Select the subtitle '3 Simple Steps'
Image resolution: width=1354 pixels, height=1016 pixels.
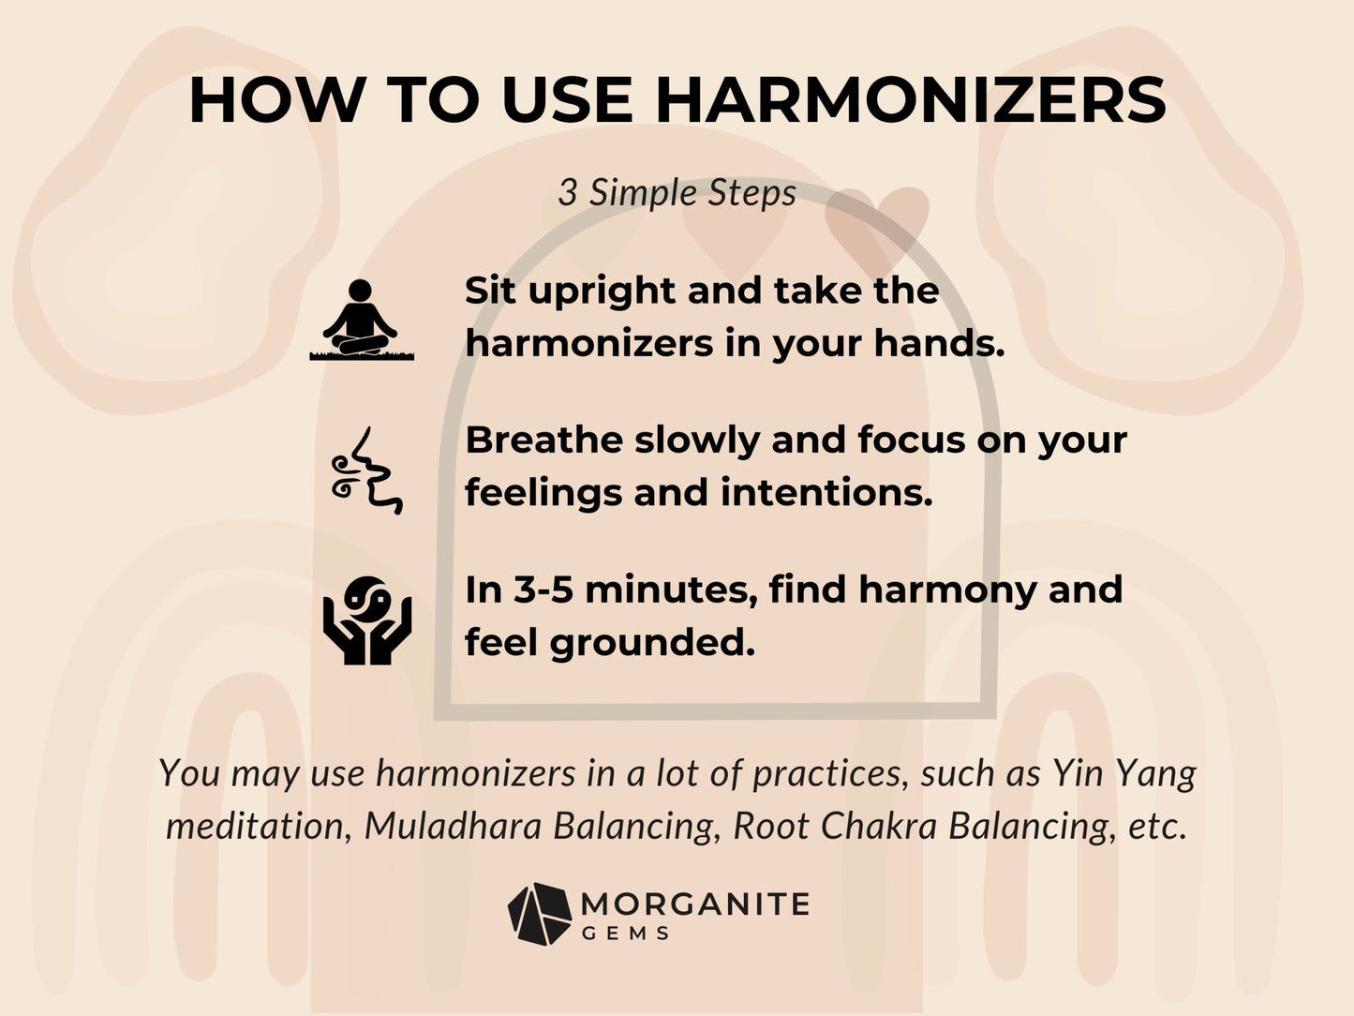(x=677, y=193)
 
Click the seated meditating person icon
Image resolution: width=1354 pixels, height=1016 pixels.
(x=361, y=320)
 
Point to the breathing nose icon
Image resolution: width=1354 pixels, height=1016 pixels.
(x=366, y=471)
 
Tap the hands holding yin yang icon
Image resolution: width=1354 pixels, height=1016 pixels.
(x=366, y=620)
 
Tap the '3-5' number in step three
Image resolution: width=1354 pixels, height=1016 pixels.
(x=543, y=590)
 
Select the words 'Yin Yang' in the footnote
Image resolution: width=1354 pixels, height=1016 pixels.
(x=1123, y=773)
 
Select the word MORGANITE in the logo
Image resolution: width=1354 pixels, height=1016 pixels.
(x=694, y=904)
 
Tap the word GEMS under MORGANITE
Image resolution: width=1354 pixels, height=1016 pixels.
(x=625, y=934)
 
